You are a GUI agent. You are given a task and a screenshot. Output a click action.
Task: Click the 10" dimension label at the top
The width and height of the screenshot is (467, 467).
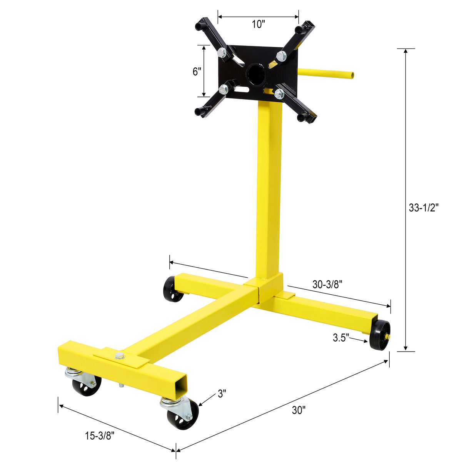259,25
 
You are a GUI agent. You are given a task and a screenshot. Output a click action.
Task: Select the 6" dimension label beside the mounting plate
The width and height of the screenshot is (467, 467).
197,72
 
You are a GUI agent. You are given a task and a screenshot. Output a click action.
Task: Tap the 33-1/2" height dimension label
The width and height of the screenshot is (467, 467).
424,208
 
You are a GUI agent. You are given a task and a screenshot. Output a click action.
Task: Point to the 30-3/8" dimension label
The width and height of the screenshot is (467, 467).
327,284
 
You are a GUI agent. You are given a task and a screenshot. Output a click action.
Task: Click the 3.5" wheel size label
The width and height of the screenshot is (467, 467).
341,338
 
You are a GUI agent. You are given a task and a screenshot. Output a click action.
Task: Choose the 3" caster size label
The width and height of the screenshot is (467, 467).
222,393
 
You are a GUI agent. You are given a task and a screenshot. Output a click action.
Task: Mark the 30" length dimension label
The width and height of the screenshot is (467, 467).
299,410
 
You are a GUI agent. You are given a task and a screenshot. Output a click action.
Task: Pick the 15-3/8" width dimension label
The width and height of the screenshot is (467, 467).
100,435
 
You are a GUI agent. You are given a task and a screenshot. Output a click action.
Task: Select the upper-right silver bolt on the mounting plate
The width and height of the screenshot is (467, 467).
281,56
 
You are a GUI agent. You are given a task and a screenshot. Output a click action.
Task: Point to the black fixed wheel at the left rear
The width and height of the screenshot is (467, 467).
172,289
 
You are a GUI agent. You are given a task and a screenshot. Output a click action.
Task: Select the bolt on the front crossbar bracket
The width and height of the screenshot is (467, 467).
120,355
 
